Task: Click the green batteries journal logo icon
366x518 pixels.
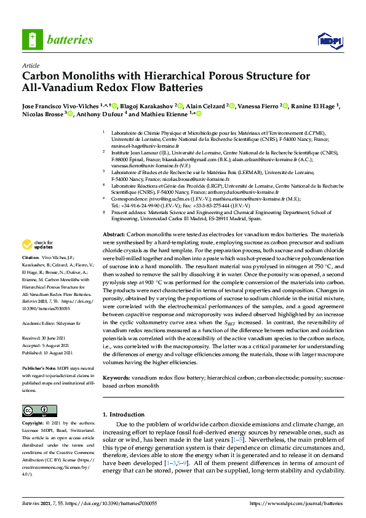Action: (x=32, y=41)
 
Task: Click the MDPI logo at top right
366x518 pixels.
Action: (x=329, y=41)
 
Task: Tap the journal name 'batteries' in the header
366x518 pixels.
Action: (x=70, y=41)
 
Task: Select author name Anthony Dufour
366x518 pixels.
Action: (x=101, y=114)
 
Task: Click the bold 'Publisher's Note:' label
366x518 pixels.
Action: (x=38, y=367)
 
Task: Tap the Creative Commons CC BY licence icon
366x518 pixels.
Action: (x=36, y=411)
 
